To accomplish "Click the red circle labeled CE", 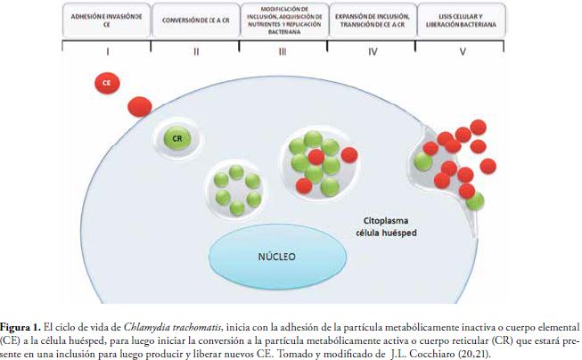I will pos(106,83).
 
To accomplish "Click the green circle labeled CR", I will pos(177,138).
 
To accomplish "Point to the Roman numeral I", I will pos(107,52).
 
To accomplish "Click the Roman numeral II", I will pos(195,52).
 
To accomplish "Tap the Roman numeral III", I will pos(283,52).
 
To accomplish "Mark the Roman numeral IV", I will pos(372,52).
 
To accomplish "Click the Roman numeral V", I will pos(461,52).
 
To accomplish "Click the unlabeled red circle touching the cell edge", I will pos(139,107).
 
